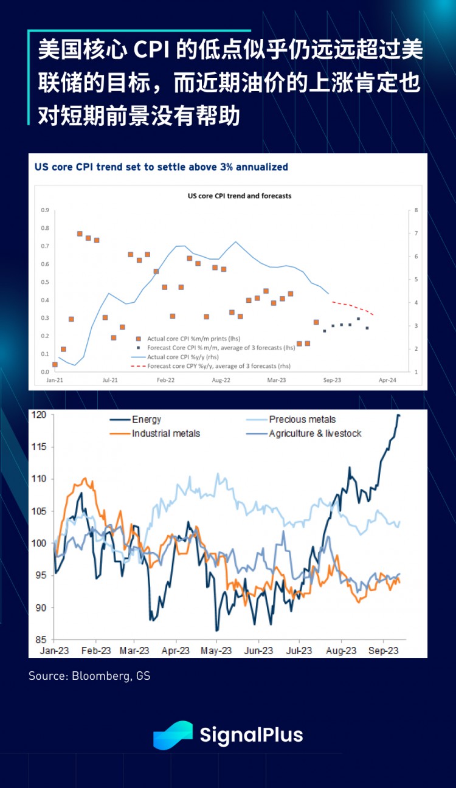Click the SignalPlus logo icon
pos(173,734)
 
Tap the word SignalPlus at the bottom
pos(251,734)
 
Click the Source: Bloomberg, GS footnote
pos(89,676)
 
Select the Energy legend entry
pos(147,420)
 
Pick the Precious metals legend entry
pos(302,420)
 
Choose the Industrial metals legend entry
pos(166,434)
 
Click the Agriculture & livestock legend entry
pos(315,434)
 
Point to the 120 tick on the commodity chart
pos(40,415)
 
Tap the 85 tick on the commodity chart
pos(41,640)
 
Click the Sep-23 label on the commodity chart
pos(384,651)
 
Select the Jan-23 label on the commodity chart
pos(54,651)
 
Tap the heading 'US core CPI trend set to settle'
pos(161,167)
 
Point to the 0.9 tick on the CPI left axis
pos(45,210)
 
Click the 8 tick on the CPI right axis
pos(416,210)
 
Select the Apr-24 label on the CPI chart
pos(388,380)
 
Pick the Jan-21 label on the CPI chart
pos(55,380)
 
